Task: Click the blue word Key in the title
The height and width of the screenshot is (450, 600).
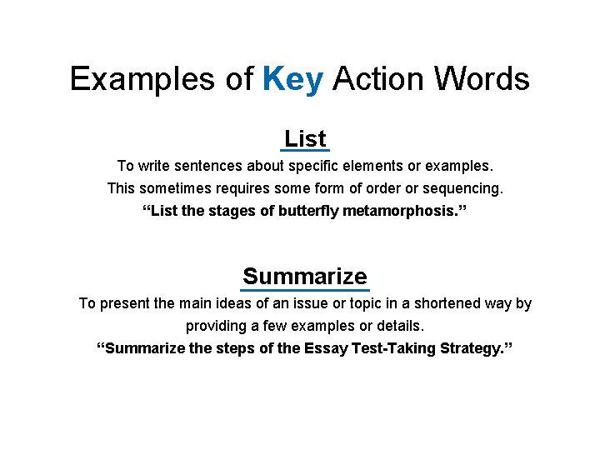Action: coord(292,79)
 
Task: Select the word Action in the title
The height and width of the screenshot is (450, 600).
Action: coord(371,79)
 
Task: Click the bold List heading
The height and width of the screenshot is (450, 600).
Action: coord(305,138)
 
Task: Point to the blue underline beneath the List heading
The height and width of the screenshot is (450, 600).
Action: coord(305,151)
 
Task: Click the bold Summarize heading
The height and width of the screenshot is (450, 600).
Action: coord(304,276)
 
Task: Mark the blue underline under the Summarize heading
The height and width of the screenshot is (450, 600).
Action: coord(304,289)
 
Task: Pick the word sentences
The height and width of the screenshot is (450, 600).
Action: coord(211,166)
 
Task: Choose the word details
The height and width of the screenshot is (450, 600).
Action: coord(396,326)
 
